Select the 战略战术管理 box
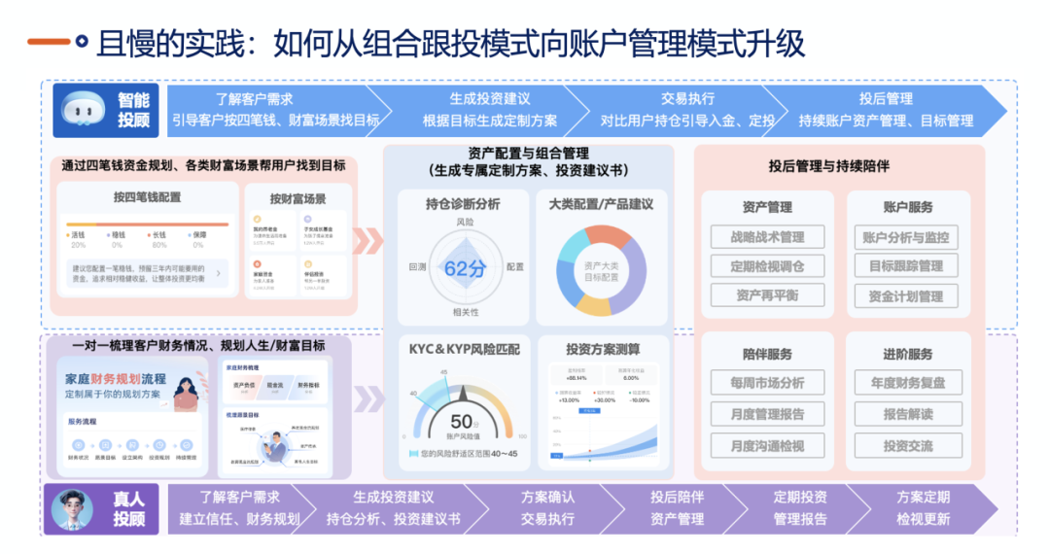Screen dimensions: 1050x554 pyautogui.click(x=767, y=236)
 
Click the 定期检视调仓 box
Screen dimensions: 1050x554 pyautogui.click(x=767, y=265)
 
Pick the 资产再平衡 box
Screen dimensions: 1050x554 pyautogui.click(x=767, y=295)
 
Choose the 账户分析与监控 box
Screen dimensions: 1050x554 pyautogui.click(x=906, y=236)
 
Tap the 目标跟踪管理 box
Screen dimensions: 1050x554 pyautogui.click(x=906, y=265)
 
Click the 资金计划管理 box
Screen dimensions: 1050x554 pyautogui.click(x=906, y=295)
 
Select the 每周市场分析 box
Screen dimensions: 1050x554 pyautogui.click(x=767, y=383)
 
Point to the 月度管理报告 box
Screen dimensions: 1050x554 pyautogui.click(x=767, y=414)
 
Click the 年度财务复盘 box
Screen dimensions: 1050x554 pyautogui.click(x=906, y=383)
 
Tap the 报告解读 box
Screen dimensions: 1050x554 pyautogui.click(x=906, y=414)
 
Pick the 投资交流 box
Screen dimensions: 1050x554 pyautogui.click(x=906, y=445)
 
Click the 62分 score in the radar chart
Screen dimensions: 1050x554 pyautogui.click(x=464, y=268)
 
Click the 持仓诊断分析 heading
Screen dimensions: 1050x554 pyautogui.click(x=463, y=204)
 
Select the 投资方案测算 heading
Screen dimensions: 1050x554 pyautogui.click(x=603, y=349)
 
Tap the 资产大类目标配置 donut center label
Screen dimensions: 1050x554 pyautogui.click(x=602, y=270)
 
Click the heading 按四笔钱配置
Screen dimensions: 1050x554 pyautogui.click(x=147, y=197)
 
